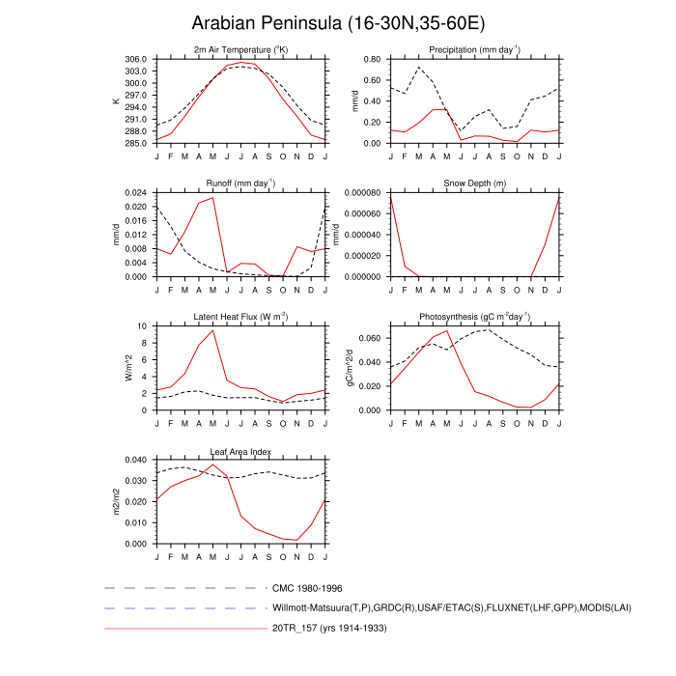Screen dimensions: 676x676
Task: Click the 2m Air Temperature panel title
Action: pos(240,49)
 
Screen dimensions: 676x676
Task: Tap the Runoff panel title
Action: pos(240,183)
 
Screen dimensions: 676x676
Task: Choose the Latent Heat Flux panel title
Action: pos(240,317)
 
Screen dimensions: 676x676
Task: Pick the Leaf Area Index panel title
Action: pos(240,451)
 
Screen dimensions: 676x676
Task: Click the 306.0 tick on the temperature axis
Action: pos(134,59)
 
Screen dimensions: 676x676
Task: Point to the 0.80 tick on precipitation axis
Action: pos(372,59)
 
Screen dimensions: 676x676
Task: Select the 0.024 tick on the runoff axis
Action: pos(134,192)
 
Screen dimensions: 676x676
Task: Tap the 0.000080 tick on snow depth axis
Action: pos(360,192)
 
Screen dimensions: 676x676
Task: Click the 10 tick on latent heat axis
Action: pos(143,326)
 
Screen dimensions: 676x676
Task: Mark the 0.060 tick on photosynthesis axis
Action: pos(369,339)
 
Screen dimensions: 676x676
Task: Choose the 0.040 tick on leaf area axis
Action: pos(134,460)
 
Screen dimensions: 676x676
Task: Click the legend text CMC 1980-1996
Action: pos(307,587)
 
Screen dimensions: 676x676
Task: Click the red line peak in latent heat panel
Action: pos(213,330)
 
